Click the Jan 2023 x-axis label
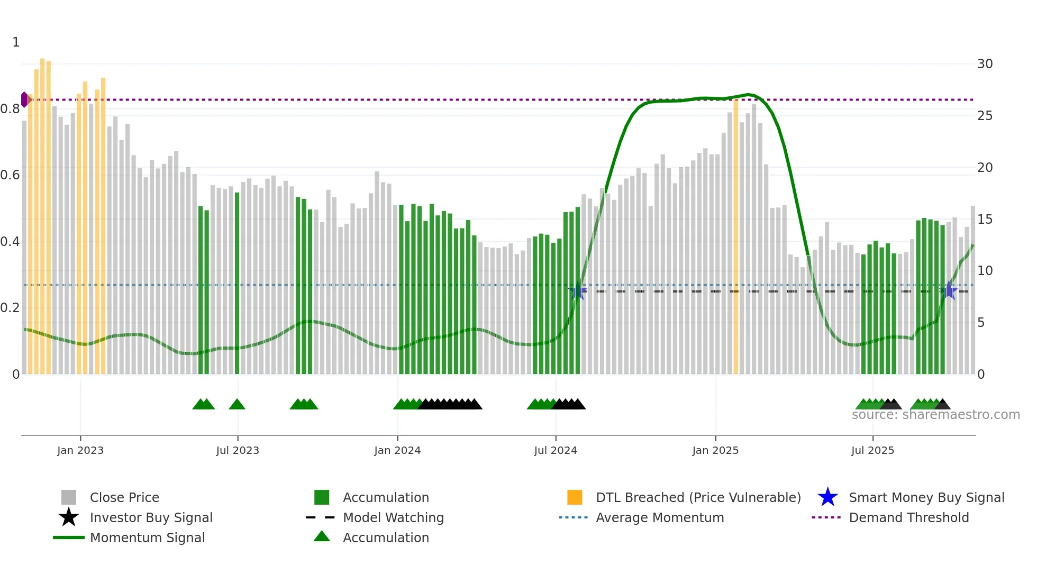[80, 450]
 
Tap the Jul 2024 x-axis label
[556, 450]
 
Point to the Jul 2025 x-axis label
[872, 450]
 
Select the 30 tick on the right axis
[985, 64]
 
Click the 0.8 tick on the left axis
[11, 109]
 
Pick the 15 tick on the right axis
[985, 219]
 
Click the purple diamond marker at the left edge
[24, 99]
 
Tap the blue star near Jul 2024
[578, 291]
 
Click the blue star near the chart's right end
[949, 291]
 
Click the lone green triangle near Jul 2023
[237, 405]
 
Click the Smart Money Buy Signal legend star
[827, 497]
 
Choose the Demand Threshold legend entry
[908, 517]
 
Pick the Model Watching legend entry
[393, 517]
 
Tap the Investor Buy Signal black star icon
[69, 517]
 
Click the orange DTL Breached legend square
[575, 497]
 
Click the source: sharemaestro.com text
[935, 415]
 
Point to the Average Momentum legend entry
[659, 517]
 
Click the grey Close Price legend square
[69, 497]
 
